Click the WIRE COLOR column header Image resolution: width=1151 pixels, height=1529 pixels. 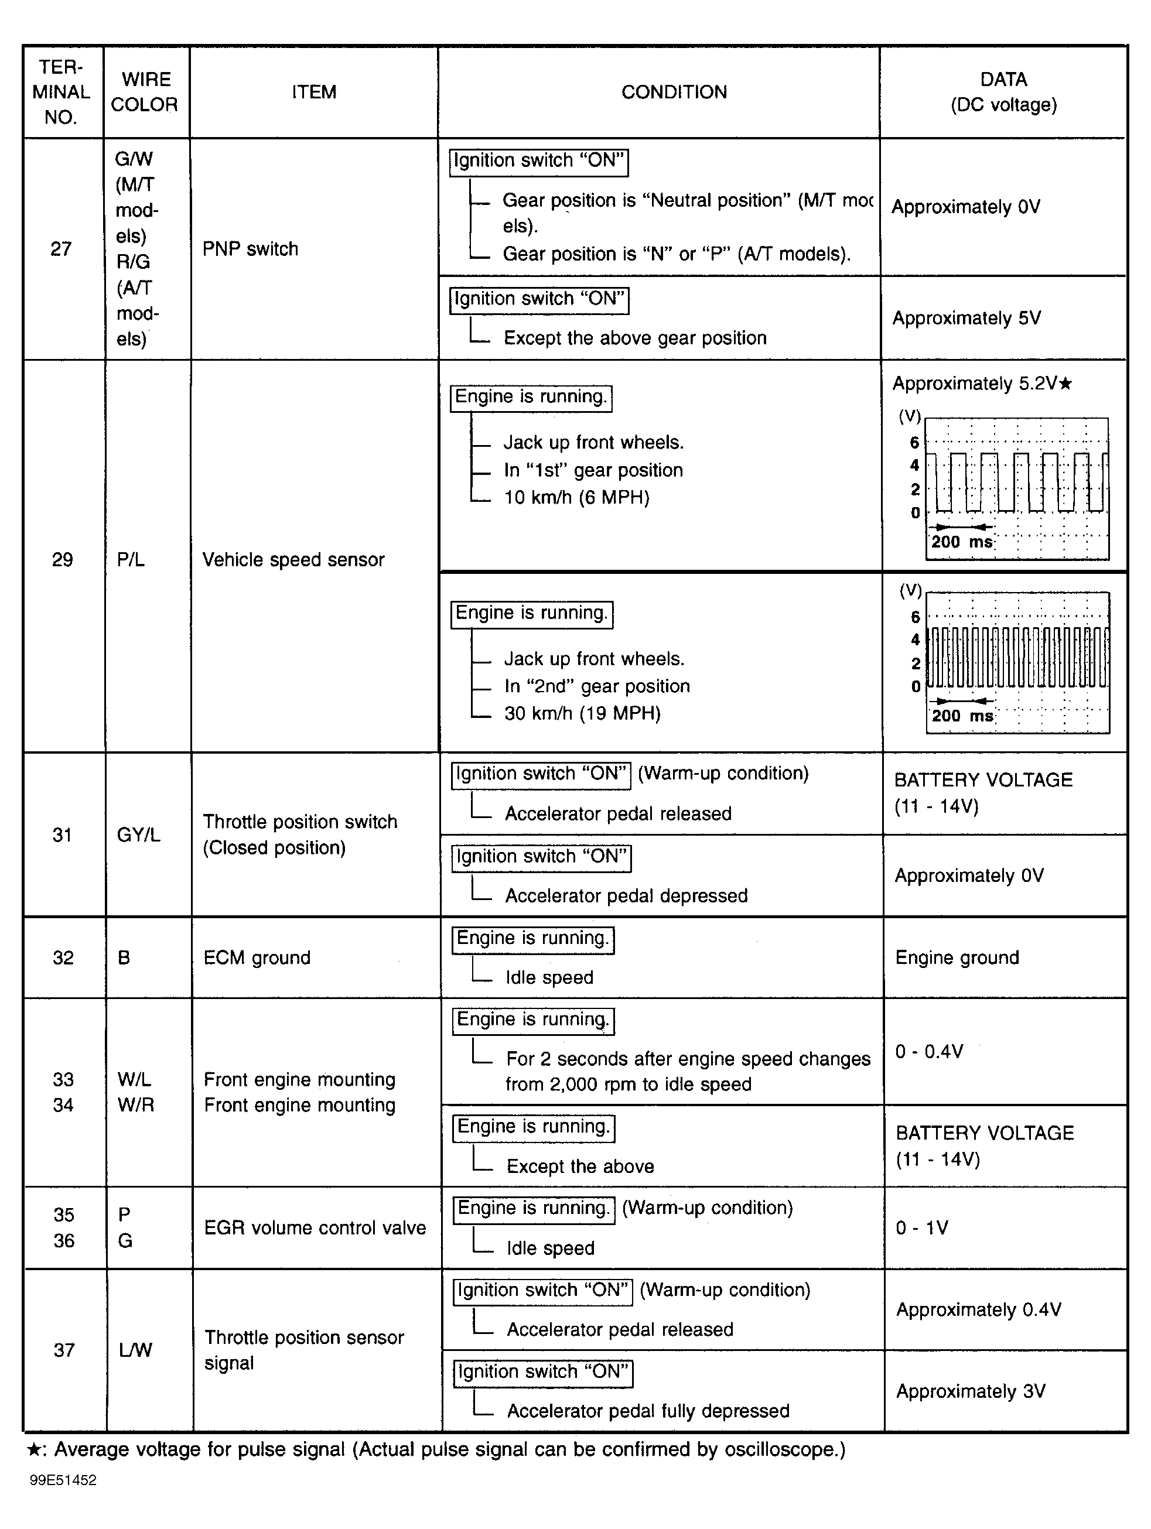pyautogui.click(x=145, y=92)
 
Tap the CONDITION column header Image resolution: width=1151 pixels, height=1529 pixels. pyautogui.click(x=674, y=92)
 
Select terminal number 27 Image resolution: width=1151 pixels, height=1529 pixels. pyautogui.click(x=61, y=249)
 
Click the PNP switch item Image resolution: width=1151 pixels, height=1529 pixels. pyautogui.click(x=250, y=249)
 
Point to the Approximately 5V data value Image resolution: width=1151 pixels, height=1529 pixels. pyautogui.click(x=966, y=318)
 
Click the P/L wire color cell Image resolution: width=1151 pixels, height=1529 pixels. pyautogui.click(x=131, y=559)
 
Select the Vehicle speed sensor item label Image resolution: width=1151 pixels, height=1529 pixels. pyautogui.click(x=293, y=559)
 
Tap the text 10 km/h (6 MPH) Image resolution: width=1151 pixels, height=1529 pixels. pyautogui.click(x=576, y=498)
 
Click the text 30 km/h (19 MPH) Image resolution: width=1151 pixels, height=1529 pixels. pyautogui.click(x=582, y=713)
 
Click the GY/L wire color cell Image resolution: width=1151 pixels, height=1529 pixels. pyautogui.click(x=138, y=835)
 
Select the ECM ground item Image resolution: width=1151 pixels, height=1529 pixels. pyautogui.click(x=257, y=957)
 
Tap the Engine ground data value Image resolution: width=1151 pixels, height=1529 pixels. pyautogui.click(x=957, y=957)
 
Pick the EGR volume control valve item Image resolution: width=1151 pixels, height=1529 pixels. pyautogui.click(x=315, y=1227)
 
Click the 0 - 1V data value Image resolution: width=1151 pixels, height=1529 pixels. pyautogui.click(x=922, y=1227)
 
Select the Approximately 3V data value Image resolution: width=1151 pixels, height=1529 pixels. pyautogui.click(x=971, y=1391)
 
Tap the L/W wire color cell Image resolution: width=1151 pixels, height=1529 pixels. pyautogui.click(x=135, y=1350)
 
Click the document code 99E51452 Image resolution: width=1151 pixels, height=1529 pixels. pyautogui.click(x=63, y=1480)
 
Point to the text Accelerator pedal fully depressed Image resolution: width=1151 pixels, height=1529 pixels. pyautogui.click(x=648, y=1411)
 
